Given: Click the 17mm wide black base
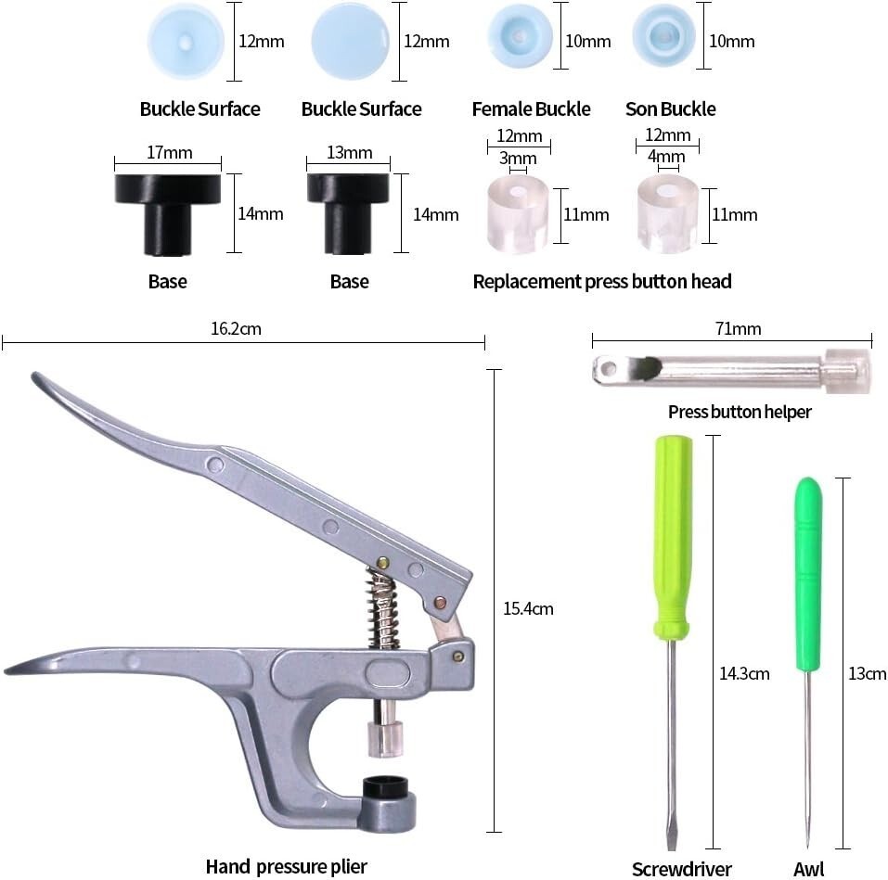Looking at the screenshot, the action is tap(168, 214).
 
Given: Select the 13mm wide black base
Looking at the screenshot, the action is tap(348, 214).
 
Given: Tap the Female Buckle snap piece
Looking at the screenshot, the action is tap(520, 36).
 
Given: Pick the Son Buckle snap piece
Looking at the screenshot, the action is tap(663, 36).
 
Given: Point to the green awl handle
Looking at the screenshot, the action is tap(808, 574).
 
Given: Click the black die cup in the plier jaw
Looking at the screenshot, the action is tap(385, 786).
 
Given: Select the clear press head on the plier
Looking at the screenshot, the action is tap(385, 738).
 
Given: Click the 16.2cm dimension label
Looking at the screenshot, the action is tap(237, 329).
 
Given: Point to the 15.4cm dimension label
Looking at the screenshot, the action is tap(528, 609).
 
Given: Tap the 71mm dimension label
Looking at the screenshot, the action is tap(738, 329).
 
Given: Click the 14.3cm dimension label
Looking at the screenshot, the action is tap(744, 673).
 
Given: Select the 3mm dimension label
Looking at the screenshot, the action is tap(518, 158).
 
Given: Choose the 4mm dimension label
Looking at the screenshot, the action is tap(666, 156).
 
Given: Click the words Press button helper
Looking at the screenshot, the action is tap(740, 412).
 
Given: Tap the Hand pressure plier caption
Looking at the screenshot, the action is tap(286, 866).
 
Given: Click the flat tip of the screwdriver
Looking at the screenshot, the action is tap(672, 844).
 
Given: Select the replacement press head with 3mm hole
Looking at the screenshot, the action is tap(518, 214).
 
